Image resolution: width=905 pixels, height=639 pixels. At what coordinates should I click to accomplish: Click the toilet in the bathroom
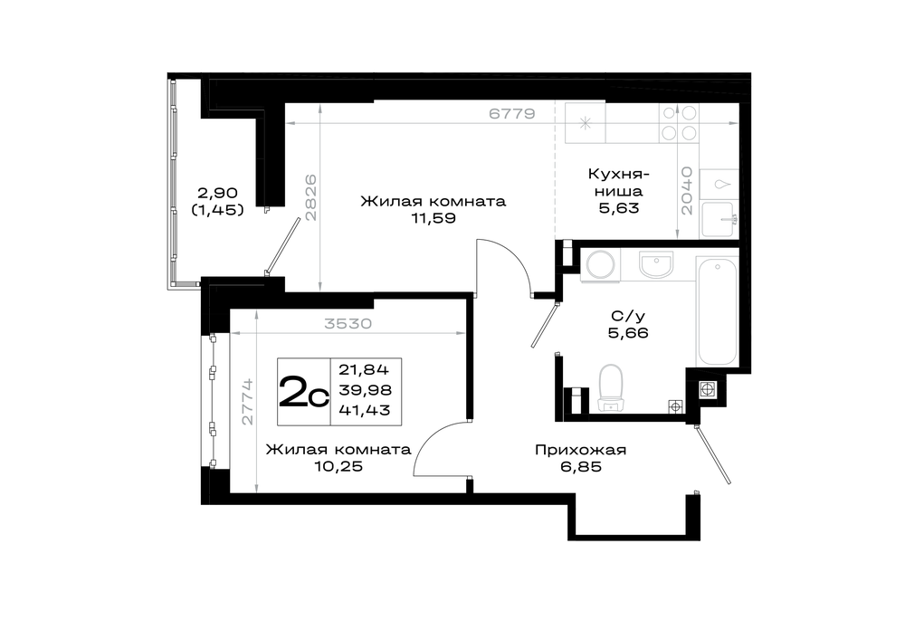pos(611,388)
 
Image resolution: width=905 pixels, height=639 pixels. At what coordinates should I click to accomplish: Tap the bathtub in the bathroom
pos(718,310)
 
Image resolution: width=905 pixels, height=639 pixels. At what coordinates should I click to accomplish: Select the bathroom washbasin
pos(656,263)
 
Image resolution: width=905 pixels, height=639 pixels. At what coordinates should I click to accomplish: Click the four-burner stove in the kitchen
pos(679,122)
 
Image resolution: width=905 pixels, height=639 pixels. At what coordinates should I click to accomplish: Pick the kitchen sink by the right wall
pos(717,219)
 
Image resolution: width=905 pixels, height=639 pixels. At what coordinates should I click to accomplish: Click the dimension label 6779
pos(512,114)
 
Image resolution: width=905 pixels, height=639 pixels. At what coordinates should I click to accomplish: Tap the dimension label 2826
pos(310,197)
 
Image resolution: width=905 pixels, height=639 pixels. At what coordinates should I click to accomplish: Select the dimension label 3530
pos(348,324)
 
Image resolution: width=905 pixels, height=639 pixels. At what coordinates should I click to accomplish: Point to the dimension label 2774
pos(248,402)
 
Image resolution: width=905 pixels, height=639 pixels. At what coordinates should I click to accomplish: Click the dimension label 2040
pos(686,191)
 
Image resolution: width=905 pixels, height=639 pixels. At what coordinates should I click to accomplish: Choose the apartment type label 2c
pos(303,391)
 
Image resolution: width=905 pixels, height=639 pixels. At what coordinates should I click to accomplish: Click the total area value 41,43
pos(364,410)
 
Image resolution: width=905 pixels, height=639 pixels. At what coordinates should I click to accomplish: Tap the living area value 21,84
pos(364,369)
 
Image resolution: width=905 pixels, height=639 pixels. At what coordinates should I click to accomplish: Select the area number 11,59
pos(433,218)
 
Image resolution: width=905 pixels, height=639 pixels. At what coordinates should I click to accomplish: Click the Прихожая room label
pos(581,450)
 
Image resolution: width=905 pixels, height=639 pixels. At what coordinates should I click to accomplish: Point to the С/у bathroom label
pos(628,316)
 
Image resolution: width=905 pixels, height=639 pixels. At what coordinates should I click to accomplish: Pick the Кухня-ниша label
pos(619,182)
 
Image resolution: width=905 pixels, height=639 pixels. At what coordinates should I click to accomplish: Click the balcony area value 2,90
pos(217,192)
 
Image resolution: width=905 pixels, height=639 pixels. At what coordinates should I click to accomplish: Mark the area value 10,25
pos(338,466)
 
